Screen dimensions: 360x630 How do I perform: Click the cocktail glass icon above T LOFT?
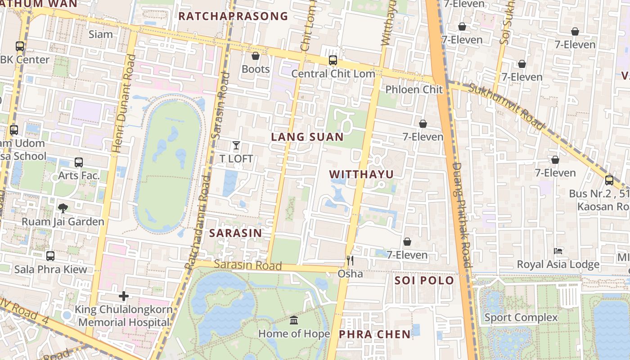[x=236, y=145]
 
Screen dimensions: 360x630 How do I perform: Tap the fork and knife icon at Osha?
[x=350, y=261]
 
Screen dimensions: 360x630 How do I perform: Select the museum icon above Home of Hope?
[x=294, y=320]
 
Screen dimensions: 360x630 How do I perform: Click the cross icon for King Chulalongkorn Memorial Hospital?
[x=124, y=296]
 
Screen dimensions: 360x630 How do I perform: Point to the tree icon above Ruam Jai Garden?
[x=63, y=208]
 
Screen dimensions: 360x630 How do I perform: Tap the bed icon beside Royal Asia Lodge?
[x=558, y=251]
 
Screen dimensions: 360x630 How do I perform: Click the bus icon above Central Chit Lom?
[x=333, y=60]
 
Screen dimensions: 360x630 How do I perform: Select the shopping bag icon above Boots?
[x=256, y=56]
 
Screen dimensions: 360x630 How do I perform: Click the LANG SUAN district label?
[x=307, y=137]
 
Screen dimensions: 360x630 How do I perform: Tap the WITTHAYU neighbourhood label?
[x=361, y=175]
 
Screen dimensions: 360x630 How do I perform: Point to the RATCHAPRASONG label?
[x=233, y=16]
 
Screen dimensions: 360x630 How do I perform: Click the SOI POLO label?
[x=424, y=281]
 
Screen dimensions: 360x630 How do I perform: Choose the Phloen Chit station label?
[x=414, y=90]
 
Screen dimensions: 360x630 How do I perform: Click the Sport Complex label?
[x=521, y=318]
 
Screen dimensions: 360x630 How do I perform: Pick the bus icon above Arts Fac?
[x=79, y=162]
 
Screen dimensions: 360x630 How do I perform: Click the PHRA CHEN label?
[x=374, y=334]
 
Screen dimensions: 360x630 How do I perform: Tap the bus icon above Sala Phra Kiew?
[x=50, y=256]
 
